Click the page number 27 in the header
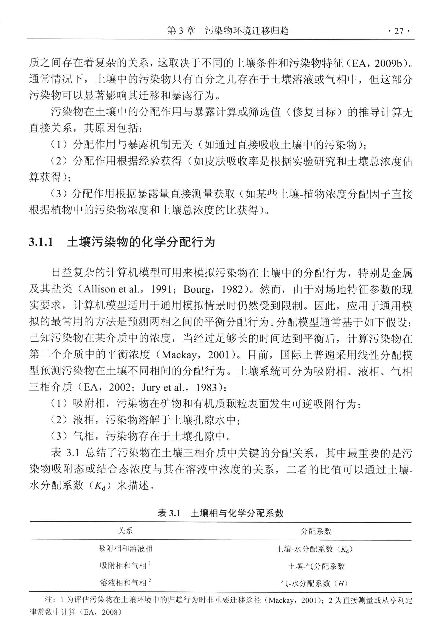pos(399,31)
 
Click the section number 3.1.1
pos(41,242)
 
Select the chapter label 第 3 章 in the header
pos(181,31)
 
